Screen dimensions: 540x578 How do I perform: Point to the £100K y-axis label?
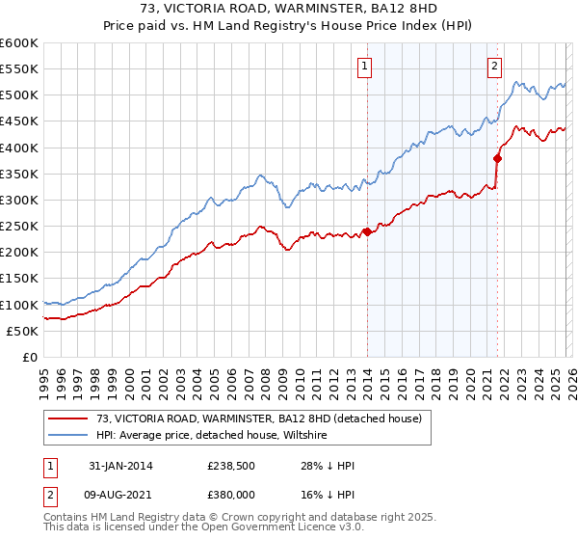pos(18,305)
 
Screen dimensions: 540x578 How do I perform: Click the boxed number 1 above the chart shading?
pos(367,67)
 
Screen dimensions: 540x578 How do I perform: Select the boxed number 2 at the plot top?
pos(494,67)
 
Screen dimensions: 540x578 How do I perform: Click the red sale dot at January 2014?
pos(367,231)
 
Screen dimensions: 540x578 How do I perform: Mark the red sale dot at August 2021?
pos(497,158)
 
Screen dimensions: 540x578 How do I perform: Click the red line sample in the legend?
pos(67,418)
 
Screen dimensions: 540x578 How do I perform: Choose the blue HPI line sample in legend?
pos(67,436)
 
